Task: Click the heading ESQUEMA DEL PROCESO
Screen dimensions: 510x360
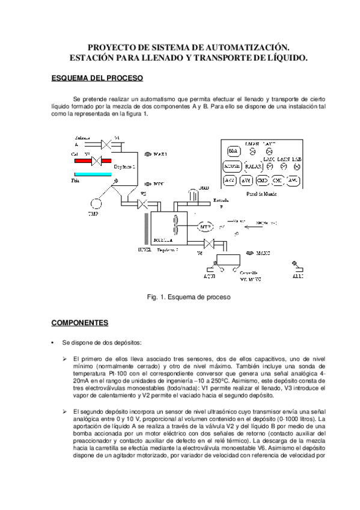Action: click(97, 78)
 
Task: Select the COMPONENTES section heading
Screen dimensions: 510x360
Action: click(79, 323)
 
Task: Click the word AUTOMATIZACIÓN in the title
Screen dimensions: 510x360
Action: click(237, 46)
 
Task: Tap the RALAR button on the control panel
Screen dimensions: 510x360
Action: click(253, 166)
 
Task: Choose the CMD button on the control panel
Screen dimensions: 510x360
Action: click(262, 180)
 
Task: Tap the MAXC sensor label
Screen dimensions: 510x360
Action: click(267, 253)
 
